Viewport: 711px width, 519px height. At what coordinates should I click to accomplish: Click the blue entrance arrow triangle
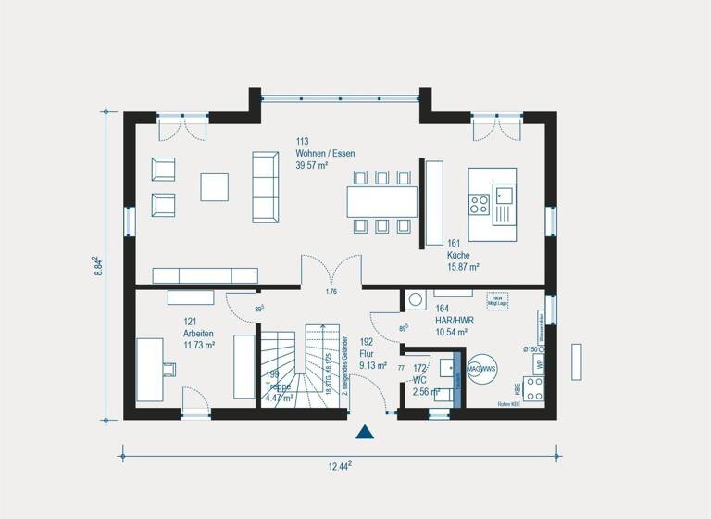pos(366,431)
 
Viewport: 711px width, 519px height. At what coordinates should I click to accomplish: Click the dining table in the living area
pos(381,201)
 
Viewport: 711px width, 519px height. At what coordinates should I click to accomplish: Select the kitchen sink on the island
pos(505,195)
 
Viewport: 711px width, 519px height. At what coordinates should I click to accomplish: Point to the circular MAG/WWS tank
pos(481,369)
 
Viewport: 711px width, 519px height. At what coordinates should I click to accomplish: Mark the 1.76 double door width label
pos(331,292)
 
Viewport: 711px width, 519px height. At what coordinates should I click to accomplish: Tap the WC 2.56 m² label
pos(422,386)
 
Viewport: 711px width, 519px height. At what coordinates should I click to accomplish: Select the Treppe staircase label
pos(279,392)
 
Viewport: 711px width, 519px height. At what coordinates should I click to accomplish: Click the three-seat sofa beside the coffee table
pos(266,187)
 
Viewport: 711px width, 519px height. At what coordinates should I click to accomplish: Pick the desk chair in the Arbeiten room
pos(169,370)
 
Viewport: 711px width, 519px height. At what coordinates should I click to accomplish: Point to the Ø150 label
pos(530,348)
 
